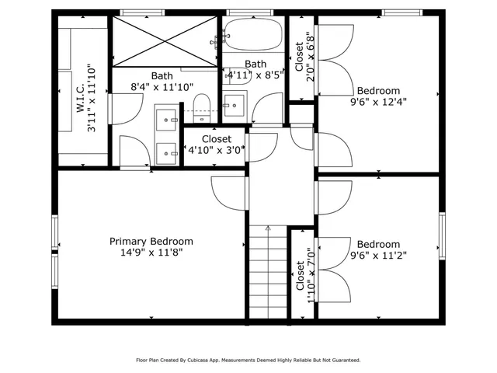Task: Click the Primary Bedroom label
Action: pos(151,242)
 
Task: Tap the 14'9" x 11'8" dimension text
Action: pos(151,253)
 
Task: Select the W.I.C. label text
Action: pos(81,98)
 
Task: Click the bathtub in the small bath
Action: pos(252,34)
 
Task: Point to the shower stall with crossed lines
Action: pos(165,41)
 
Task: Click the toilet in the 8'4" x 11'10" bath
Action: pos(202,108)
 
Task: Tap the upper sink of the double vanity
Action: pos(166,120)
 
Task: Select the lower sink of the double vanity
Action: pos(166,154)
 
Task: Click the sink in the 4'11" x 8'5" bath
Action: pos(234,106)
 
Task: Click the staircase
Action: pos(268,272)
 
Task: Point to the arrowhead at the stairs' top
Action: pos(268,227)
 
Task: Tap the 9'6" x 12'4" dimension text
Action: pos(378,102)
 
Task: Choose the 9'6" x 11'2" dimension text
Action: pos(378,256)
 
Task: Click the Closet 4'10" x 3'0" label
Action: pos(217,145)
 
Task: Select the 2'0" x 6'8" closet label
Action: pos(304,57)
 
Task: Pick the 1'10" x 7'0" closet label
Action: pos(305,275)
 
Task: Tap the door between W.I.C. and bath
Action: pos(126,109)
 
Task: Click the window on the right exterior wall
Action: pos(442,236)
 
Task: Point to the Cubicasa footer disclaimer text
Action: pos(248,361)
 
